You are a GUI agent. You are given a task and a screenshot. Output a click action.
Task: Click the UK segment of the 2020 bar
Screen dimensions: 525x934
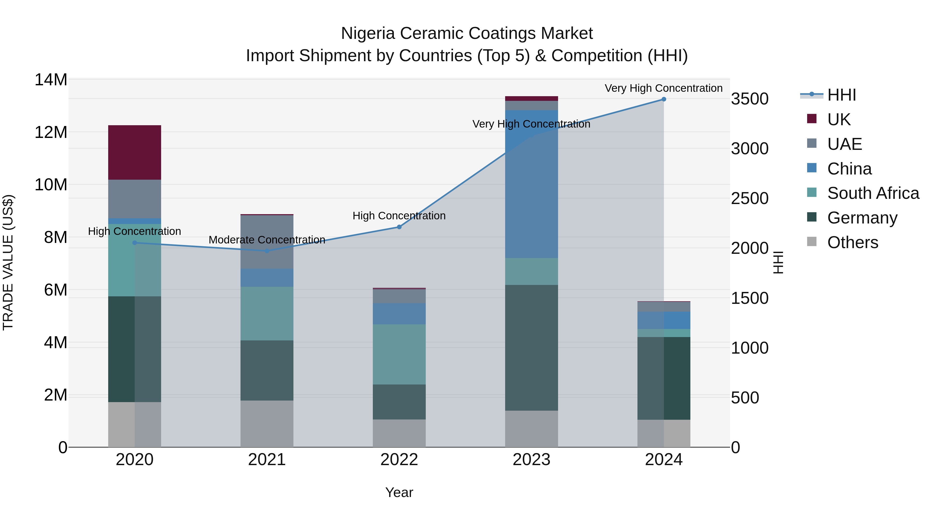coord(134,152)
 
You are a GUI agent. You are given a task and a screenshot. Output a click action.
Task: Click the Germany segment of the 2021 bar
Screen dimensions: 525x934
coord(267,370)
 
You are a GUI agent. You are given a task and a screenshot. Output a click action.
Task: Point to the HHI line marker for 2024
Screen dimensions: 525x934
coord(663,99)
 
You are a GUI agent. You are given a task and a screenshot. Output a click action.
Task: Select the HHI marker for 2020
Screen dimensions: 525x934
coord(134,243)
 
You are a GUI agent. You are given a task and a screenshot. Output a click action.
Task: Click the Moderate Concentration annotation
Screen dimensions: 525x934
coord(267,240)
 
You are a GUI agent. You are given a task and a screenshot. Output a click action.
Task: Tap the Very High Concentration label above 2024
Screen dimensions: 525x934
coord(663,88)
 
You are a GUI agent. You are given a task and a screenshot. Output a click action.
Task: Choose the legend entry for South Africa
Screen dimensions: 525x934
coord(873,193)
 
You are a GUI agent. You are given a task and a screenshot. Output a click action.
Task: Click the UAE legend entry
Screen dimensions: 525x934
coord(844,144)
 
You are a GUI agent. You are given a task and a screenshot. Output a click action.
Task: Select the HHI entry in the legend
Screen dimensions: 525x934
coord(841,95)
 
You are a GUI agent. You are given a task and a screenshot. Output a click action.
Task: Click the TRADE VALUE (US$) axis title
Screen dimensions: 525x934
coord(8,262)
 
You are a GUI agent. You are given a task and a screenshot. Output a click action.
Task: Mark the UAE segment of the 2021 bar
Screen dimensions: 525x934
coord(267,242)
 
